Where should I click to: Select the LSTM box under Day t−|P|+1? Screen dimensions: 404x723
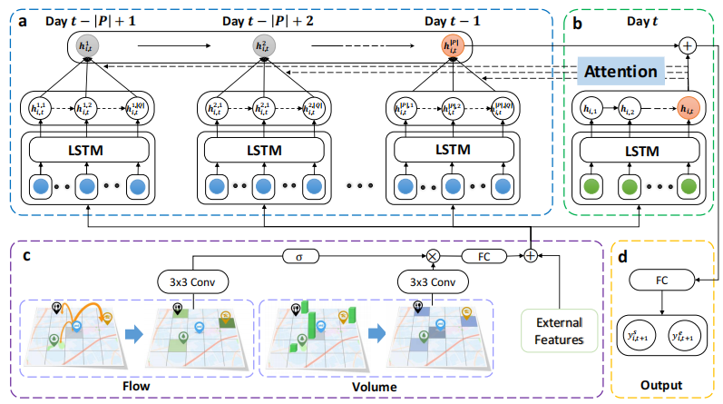[86, 148]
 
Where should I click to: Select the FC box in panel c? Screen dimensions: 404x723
[484, 256]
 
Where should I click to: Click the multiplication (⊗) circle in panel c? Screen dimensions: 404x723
[433, 256]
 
